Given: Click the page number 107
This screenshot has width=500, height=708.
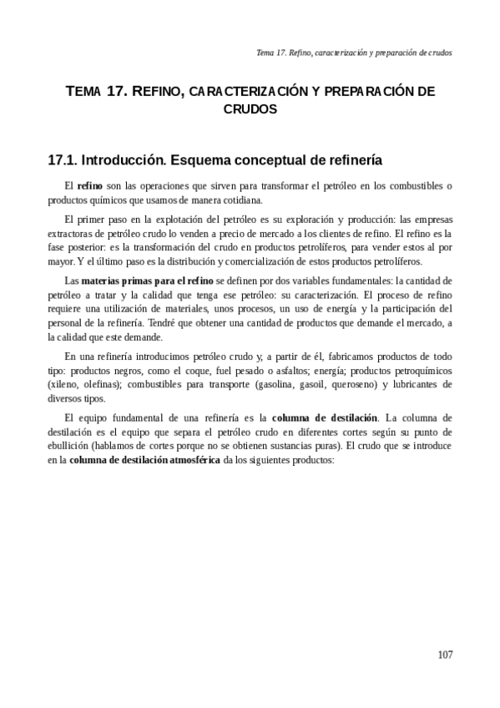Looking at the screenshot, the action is pyautogui.click(x=444, y=654).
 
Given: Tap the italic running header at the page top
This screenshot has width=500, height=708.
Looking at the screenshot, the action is pyautogui.click(x=354, y=52).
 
